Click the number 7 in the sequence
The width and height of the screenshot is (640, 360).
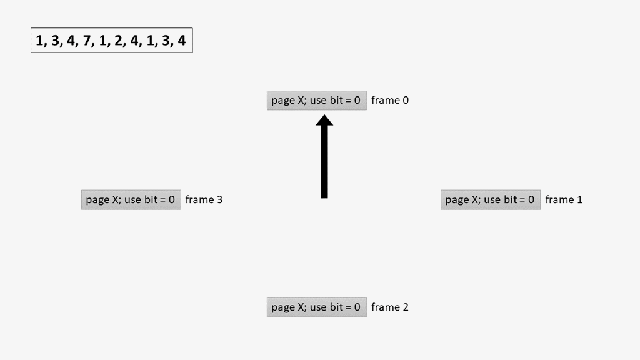click(x=87, y=42)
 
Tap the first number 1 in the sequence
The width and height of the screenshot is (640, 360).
click(x=40, y=42)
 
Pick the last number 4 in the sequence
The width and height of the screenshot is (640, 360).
click(x=182, y=42)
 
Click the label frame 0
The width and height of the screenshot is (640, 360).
click(x=390, y=100)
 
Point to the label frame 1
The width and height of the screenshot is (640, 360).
click(x=564, y=200)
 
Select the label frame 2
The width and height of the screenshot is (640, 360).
click(x=390, y=307)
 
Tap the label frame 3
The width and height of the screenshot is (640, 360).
click(x=204, y=200)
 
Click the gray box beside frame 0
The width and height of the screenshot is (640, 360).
click(x=316, y=100)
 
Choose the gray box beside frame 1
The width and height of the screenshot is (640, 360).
click(x=490, y=200)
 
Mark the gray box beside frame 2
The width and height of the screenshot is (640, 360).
click(x=316, y=307)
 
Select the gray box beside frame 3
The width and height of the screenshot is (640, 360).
click(x=131, y=200)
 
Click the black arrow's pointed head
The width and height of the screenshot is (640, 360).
click(x=324, y=120)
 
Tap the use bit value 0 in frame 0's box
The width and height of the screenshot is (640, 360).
click(x=357, y=100)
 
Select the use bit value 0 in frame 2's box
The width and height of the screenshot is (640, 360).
click(x=357, y=307)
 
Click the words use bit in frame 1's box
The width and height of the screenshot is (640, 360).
click(x=500, y=200)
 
